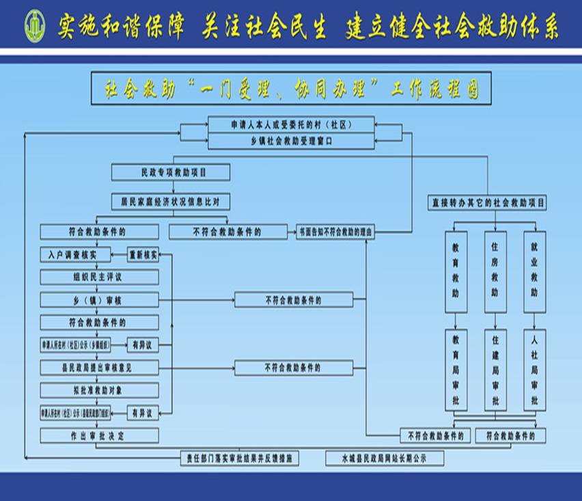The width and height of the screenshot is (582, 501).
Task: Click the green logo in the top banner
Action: [x=33, y=26]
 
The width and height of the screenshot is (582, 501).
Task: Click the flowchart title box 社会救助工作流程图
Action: [x=290, y=88]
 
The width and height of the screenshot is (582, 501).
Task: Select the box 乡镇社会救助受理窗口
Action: [x=291, y=141]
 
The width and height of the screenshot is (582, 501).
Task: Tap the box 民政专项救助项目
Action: [x=171, y=172]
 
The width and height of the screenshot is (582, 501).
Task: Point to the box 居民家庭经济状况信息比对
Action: [x=171, y=202]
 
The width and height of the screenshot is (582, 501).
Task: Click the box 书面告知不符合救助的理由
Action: [x=335, y=232]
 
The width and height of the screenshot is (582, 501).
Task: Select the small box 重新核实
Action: [x=143, y=255]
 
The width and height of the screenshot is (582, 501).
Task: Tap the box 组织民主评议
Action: [x=99, y=277]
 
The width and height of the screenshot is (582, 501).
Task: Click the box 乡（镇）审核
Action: [x=99, y=300]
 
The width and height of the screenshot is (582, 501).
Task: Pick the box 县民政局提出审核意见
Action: [x=99, y=368]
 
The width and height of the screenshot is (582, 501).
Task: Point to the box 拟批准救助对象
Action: [x=99, y=390]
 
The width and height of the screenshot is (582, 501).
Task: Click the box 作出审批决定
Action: [x=99, y=435]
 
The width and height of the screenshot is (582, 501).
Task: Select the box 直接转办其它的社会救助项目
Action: [x=488, y=203]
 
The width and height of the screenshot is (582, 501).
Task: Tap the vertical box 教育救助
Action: [x=456, y=272]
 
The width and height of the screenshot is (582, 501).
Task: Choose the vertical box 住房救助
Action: [x=495, y=272]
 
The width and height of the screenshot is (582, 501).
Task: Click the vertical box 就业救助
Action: [x=534, y=272]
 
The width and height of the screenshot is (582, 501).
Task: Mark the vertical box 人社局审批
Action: [x=534, y=370]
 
